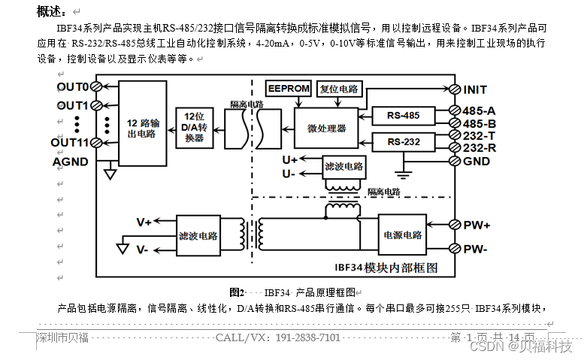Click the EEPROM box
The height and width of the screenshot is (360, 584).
tap(289, 89)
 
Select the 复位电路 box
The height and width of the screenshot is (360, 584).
tap(339, 88)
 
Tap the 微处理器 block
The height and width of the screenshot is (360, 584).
tap(327, 129)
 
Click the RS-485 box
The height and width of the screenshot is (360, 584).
tap(404, 116)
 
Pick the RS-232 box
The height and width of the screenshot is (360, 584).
tap(404, 141)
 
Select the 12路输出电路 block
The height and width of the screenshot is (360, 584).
tap(142, 127)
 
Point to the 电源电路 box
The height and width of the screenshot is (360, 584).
tap(402, 234)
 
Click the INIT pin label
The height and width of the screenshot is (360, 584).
tap(475, 90)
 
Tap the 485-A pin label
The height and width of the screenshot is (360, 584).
tap(479, 110)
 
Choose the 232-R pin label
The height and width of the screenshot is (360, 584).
tap(479, 148)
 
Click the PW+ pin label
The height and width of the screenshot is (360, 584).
tap(477, 225)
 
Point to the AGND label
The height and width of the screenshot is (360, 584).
tap(70, 162)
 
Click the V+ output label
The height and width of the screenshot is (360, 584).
tap(144, 222)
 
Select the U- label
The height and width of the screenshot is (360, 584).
tap(289, 174)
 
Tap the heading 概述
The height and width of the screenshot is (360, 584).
tap(51, 11)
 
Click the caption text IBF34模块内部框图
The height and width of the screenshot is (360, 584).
tap(386, 267)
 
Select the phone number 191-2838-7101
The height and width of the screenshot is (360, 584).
tap(309, 337)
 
